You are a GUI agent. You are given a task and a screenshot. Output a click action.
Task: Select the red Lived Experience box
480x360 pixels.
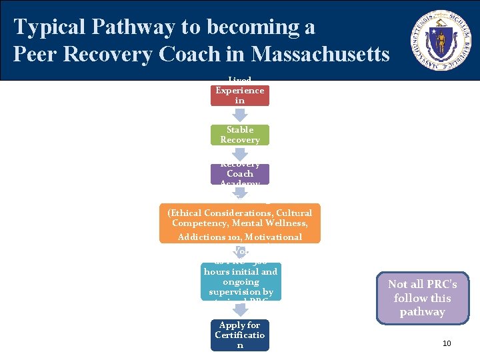click(x=240, y=92)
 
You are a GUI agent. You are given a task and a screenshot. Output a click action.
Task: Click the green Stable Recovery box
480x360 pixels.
click(x=240, y=135)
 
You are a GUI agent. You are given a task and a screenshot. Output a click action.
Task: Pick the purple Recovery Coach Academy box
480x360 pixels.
click(x=240, y=174)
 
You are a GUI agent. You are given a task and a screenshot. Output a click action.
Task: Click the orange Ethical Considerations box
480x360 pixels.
click(x=240, y=223)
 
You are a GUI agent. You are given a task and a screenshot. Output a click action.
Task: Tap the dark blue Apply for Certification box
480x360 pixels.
click(x=240, y=335)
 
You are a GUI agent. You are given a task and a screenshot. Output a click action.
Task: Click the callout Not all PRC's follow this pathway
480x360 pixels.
click(x=423, y=298)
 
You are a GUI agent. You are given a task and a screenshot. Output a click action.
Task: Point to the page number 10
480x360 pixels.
click(x=447, y=343)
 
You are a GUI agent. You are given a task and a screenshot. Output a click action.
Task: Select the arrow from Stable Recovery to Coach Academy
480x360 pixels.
click(x=240, y=154)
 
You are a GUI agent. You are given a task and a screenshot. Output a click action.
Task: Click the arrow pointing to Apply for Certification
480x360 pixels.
click(x=240, y=309)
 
